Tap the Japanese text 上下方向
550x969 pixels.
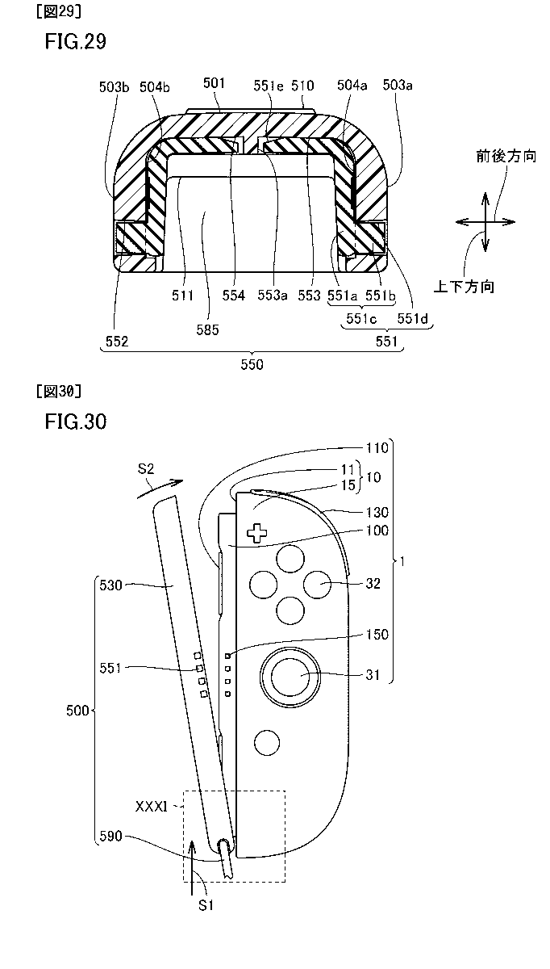point(463,286)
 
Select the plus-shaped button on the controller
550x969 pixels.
point(256,532)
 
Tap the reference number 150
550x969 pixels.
point(377,635)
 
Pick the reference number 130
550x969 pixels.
point(377,512)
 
